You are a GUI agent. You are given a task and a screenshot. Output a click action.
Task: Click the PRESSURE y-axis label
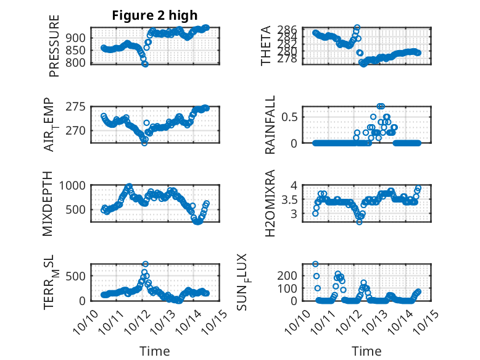pyautogui.click(x=54, y=50)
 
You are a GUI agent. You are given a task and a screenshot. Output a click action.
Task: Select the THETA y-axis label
pyautogui.click(x=266, y=46)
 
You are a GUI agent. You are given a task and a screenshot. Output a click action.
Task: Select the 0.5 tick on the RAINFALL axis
pyautogui.click(x=292, y=117)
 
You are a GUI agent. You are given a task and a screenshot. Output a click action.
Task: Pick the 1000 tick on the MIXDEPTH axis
pyautogui.click(x=74, y=185)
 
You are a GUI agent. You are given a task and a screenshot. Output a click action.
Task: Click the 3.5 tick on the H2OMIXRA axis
pyautogui.click(x=292, y=199)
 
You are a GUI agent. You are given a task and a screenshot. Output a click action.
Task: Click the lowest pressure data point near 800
pyautogui.click(x=146, y=64)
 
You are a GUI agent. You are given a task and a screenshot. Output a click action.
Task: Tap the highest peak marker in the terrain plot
pyautogui.click(x=146, y=264)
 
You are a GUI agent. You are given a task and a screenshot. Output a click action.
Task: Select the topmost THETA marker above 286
pyautogui.click(x=357, y=28)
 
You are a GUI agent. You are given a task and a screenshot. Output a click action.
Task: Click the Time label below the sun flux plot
pyautogui.click(x=366, y=351)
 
